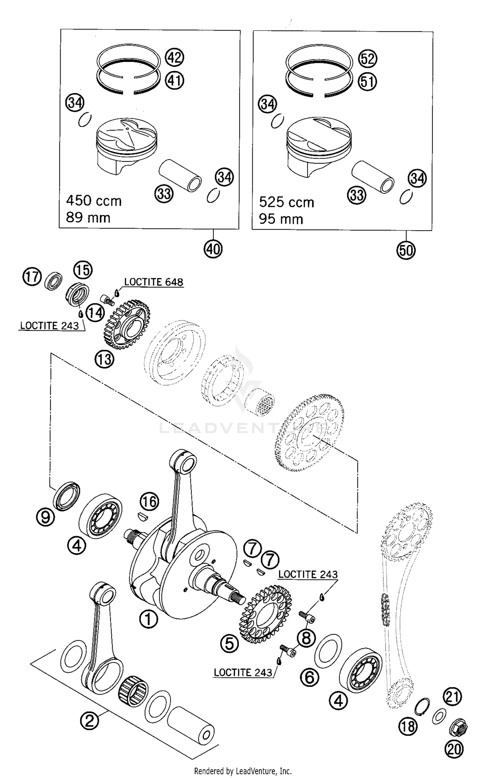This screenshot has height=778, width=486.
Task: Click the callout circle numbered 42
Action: [174, 58]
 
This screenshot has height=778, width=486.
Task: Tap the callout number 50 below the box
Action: [406, 250]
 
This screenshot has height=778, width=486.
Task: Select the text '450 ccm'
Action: [94, 201]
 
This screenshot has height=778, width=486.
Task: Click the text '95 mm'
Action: [281, 219]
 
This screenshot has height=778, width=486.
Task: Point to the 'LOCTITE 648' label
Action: [154, 282]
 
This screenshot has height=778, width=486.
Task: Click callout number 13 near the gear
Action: [104, 359]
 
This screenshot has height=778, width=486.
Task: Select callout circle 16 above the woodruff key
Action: [149, 501]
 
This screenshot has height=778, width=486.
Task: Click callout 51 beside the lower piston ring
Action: [367, 81]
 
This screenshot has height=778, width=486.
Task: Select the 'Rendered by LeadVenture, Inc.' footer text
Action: [243, 771]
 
